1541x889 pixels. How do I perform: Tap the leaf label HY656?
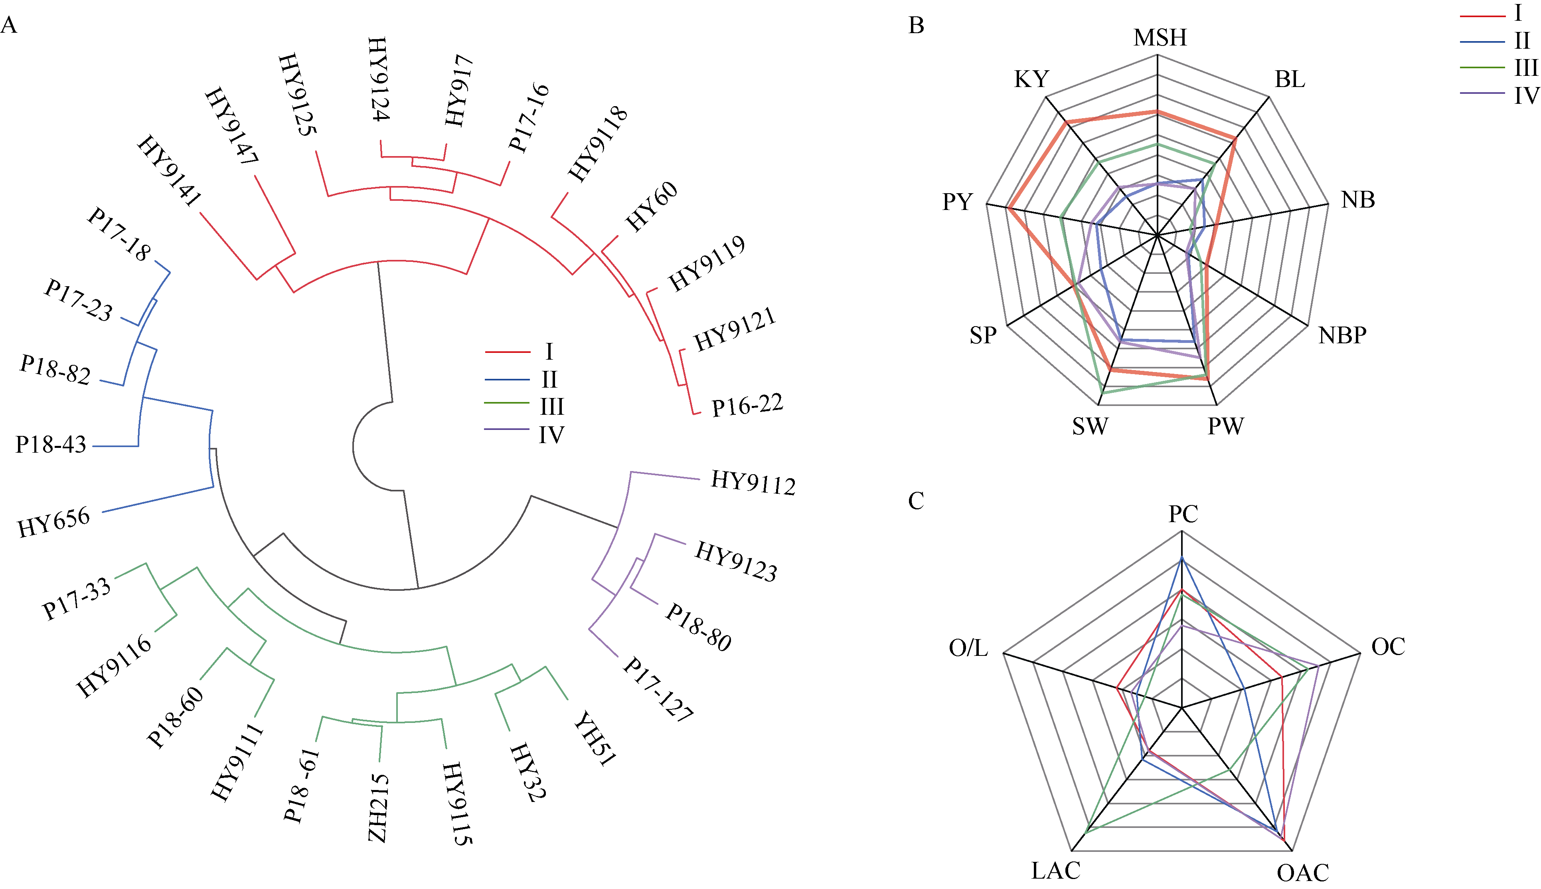(54, 522)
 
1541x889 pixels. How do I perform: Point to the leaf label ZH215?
(378, 808)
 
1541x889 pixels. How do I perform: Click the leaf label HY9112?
(753, 483)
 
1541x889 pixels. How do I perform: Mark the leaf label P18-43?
(51, 445)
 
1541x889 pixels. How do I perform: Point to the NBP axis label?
(1342, 335)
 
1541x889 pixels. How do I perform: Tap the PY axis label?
(957, 202)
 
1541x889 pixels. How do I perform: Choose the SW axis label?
(1090, 426)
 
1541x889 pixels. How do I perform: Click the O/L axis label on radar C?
(968, 648)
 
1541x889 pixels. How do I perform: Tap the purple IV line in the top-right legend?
(1482, 93)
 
